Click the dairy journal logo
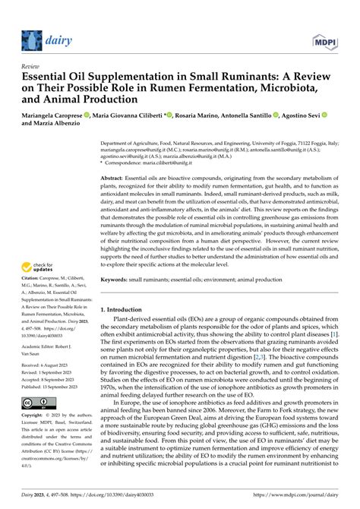coord(43,39)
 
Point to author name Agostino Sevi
coord(297,115)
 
